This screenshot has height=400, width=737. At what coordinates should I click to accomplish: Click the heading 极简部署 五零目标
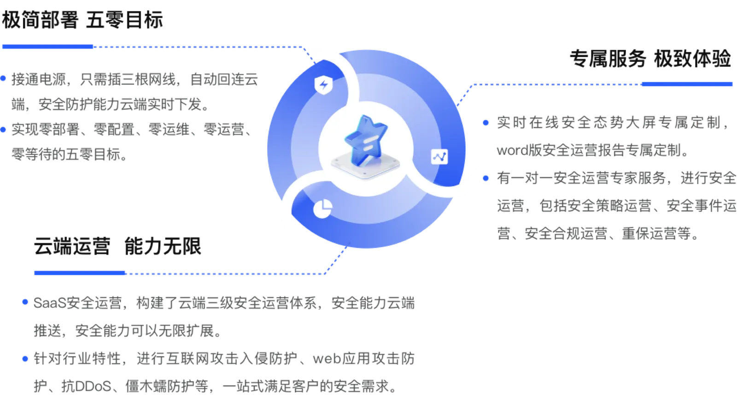point(82,20)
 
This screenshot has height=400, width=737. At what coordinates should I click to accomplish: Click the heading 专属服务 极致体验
point(650,59)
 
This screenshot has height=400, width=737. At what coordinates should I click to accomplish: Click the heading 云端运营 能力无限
point(117,246)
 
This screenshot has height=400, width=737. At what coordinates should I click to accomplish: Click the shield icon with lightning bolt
point(324,85)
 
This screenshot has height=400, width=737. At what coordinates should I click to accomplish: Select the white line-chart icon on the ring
point(439,157)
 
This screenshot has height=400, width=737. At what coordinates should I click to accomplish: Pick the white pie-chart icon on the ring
point(322,209)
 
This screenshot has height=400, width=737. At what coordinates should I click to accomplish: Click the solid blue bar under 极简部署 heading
point(48,47)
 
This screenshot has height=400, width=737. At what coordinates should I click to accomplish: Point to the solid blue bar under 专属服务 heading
point(687,84)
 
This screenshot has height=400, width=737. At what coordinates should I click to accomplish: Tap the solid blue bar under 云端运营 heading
point(80,273)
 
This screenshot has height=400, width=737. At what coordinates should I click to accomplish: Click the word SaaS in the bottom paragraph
point(50,303)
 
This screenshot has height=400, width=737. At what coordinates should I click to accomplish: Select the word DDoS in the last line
point(93,386)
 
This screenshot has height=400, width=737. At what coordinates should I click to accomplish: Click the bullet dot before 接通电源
point(3,78)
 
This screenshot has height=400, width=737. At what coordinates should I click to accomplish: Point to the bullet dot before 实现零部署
point(3,130)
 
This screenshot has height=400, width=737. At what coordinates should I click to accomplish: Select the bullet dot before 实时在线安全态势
point(485,123)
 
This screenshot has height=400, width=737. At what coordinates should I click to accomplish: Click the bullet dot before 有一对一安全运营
point(485,178)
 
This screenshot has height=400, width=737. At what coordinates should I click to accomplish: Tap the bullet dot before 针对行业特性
point(25,358)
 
